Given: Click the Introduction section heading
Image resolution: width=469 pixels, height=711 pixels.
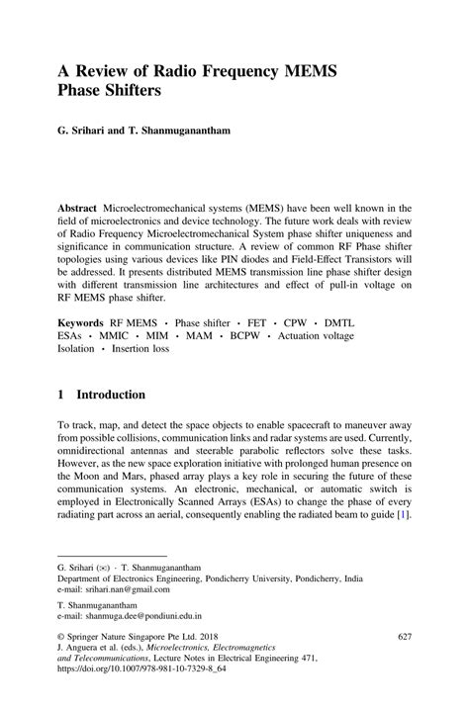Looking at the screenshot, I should (x=110, y=395).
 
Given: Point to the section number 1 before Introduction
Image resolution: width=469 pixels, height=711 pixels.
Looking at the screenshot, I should (x=61, y=395).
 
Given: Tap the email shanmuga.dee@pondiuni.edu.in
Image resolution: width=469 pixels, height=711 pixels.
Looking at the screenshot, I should (x=144, y=614).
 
